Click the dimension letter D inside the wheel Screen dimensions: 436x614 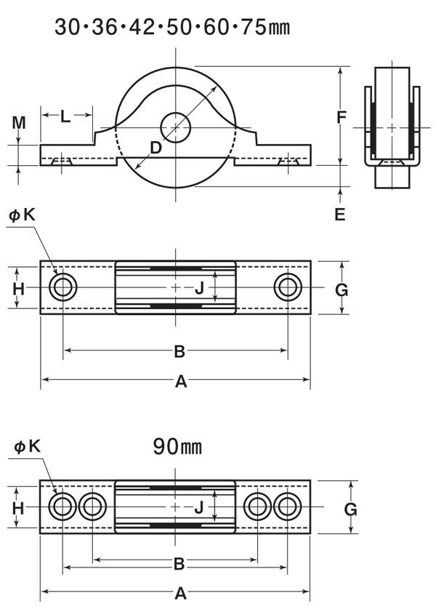156,148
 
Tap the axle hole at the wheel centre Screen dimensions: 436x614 176,127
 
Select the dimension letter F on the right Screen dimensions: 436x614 342,116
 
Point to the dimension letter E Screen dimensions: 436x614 340,214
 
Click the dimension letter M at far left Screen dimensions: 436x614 18,122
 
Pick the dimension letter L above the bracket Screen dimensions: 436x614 65,116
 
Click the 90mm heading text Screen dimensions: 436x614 177,446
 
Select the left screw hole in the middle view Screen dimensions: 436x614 62,287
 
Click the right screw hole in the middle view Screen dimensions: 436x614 288,287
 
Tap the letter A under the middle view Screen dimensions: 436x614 181,380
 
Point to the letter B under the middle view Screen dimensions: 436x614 179,351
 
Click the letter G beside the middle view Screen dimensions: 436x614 342,290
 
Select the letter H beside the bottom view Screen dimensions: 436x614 18,508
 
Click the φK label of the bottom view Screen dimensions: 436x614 28,447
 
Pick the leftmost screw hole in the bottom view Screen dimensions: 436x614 62,506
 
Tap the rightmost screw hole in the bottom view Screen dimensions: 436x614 288,506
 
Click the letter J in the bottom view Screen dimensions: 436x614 199,508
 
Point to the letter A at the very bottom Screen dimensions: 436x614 180,594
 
